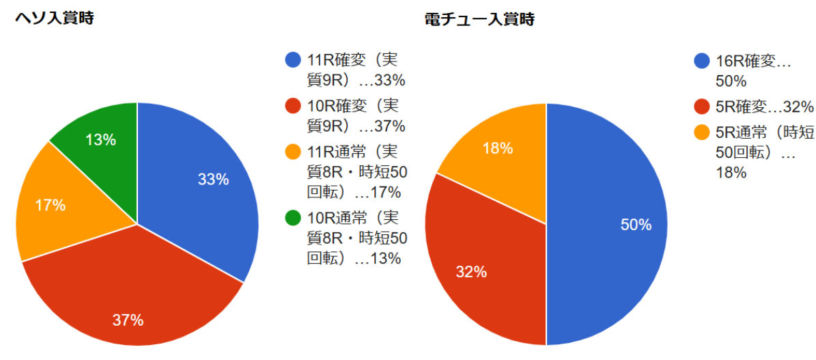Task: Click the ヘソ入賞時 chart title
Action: (55, 18)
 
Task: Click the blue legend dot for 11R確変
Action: (293, 60)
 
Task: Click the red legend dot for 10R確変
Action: (293, 106)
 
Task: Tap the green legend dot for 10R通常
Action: (293, 219)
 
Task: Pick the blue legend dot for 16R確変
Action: (701, 61)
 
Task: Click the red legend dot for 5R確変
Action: (701, 107)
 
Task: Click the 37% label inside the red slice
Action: (128, 320)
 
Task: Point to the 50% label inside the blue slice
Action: (636, 225)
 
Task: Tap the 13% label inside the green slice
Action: (100, 140)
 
